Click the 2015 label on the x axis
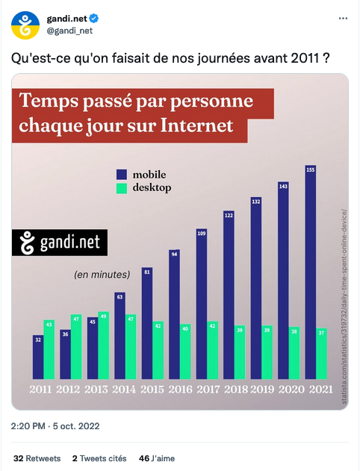[152, 389]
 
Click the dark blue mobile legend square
[121, 174]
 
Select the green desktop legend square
[121, 188]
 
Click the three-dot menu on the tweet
[341, 18]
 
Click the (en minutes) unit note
[102, 275]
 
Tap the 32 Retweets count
[37, 458]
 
